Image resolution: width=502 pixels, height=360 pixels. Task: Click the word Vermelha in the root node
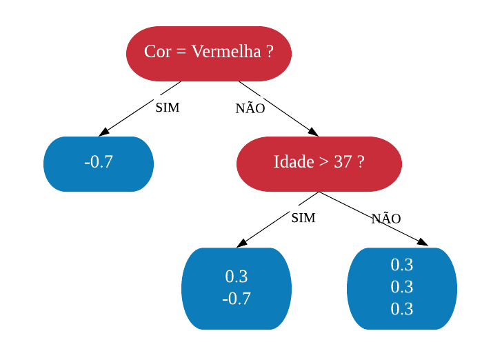click(x=226, y=51)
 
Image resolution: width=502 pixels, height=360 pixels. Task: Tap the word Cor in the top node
click(x=157, y=51)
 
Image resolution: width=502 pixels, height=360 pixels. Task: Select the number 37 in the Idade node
click(x=343, y=161)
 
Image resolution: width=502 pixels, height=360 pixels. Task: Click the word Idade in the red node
click(x=294, y=161)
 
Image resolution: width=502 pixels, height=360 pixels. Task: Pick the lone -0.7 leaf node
click(x=99, y=164)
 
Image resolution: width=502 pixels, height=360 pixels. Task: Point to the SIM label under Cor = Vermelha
click(x=168, y=108)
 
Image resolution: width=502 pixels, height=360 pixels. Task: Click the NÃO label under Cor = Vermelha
click(x=250, y=108)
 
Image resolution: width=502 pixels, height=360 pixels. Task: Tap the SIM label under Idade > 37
click(x=303, y=218)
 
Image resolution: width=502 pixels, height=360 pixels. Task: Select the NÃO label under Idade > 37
click(x=386, y=218)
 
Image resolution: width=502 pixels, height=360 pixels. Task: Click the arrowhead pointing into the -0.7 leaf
click(x=103, y=132)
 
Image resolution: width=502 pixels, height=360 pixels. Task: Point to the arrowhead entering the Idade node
click(x=314, y=132)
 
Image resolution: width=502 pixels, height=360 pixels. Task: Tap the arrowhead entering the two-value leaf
click(x=242, y=243)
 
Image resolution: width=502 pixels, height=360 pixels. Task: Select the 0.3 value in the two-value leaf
click(x=237, y=277)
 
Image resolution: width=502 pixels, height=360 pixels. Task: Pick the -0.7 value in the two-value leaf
click(x=237, y=299)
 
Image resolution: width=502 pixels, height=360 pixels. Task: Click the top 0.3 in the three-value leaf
click(x=402, y=265)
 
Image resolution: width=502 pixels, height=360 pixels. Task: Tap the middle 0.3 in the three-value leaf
click(x=402, y=287)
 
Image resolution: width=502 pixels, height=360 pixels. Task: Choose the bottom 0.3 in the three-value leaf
click(x=402, y=309)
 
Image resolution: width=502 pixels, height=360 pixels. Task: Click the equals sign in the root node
click(x=181, y=52)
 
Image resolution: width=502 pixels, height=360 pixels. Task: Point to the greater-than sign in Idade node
click(x=323, y=161)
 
